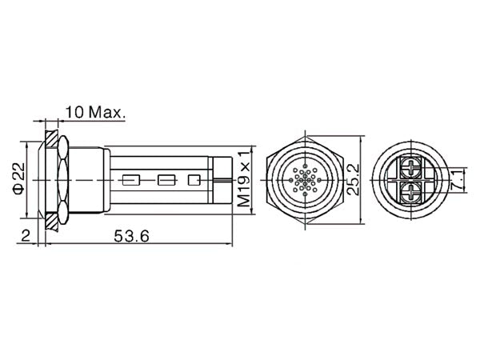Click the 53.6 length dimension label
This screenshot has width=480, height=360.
pos(132,236)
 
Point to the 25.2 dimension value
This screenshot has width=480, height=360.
pos(353,179)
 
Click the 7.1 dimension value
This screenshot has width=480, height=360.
pos(458,180)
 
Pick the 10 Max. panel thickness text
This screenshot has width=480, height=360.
pos(95,112)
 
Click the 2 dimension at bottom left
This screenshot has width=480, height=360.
pos(26,236)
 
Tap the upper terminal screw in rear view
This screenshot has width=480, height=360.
pos(411,168)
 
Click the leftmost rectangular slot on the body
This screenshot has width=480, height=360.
pos(131,180)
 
